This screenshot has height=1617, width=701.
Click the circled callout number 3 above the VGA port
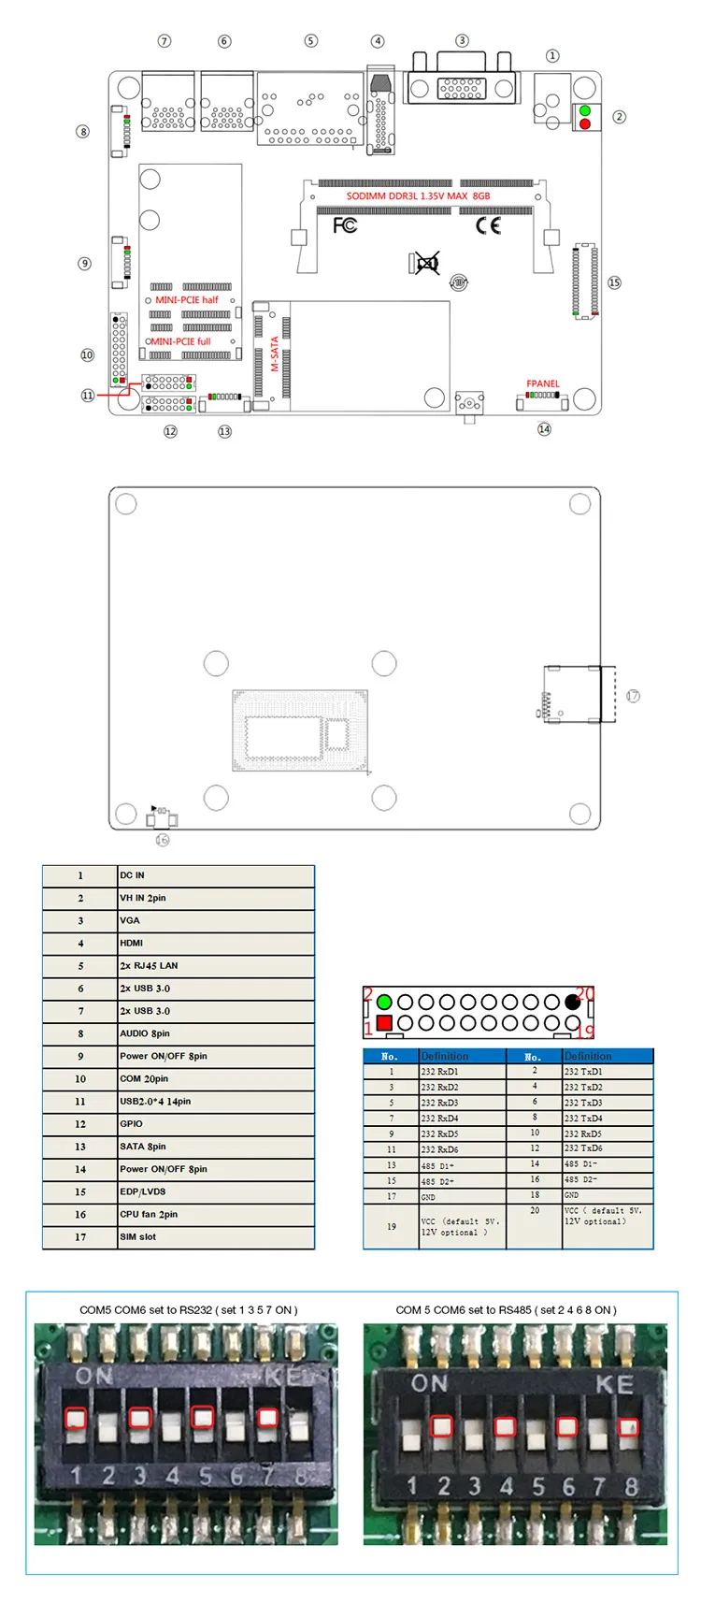point(462,40)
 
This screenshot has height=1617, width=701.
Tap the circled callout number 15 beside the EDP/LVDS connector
point(614,282)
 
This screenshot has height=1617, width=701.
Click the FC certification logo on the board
point(345,225)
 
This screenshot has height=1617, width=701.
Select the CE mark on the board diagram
point(488,225)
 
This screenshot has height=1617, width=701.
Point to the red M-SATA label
point(275,354)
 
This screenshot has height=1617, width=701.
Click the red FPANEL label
point(542,383)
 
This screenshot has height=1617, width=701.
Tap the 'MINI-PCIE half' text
point(187,300)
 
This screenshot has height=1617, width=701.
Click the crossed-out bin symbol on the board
point(426,264)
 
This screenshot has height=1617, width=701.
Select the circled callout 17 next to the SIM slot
point(633,696)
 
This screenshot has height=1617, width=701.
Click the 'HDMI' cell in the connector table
point(132,943)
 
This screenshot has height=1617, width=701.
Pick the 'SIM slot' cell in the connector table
point(138,1236)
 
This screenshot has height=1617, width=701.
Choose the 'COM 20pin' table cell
point(144,1078)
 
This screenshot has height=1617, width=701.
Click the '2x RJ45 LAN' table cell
point(149,965)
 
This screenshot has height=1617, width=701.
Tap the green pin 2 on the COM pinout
point(383,1002)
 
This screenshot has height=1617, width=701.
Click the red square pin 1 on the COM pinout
point(383,1023)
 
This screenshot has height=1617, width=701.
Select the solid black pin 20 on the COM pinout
point(572,1002)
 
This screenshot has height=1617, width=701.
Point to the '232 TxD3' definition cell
point(583,1103)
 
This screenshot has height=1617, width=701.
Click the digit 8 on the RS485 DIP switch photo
point(632,1486)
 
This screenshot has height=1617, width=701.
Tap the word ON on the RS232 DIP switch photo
point(94,1376)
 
